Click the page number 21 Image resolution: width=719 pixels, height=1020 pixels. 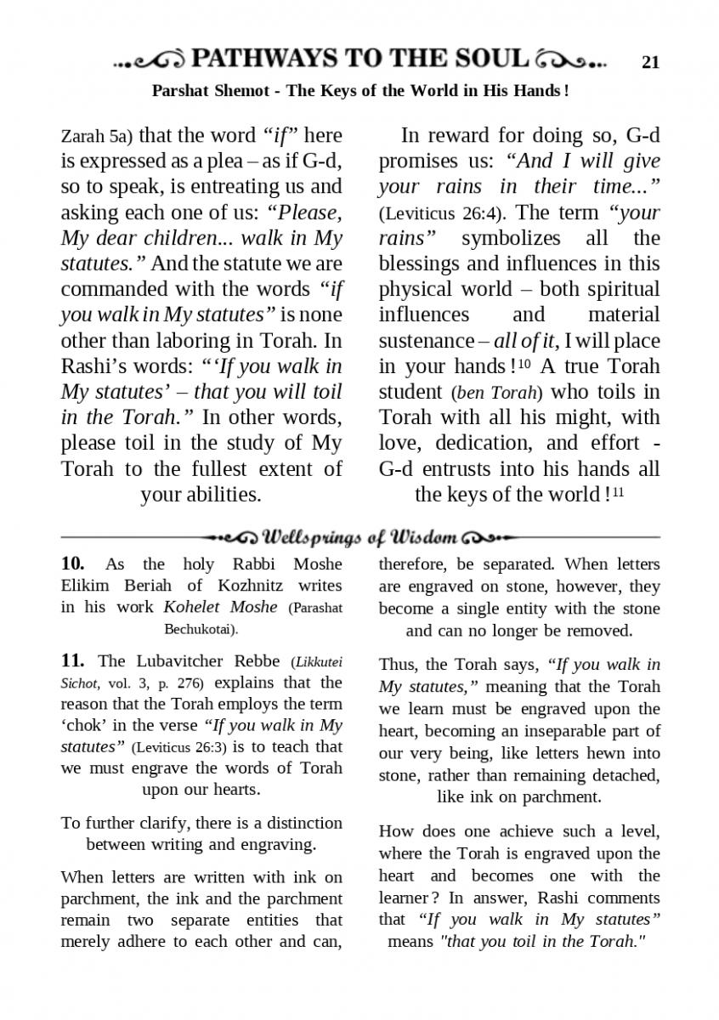tap(651, 61)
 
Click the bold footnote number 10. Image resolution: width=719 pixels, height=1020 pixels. tap(72, 564)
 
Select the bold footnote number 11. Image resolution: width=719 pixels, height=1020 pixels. tap(72, 660)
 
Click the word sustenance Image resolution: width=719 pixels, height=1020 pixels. tap(426, 341)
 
